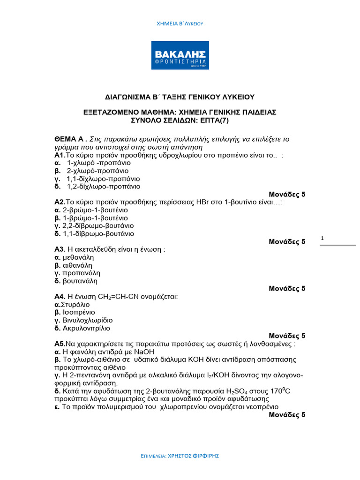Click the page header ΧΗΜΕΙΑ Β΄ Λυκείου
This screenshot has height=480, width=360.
coord(180,23)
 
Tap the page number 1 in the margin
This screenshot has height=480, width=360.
coord(322,239)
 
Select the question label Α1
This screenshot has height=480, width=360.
coord(60,155)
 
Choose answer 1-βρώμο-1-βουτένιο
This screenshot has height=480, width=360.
coord(95,218)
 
